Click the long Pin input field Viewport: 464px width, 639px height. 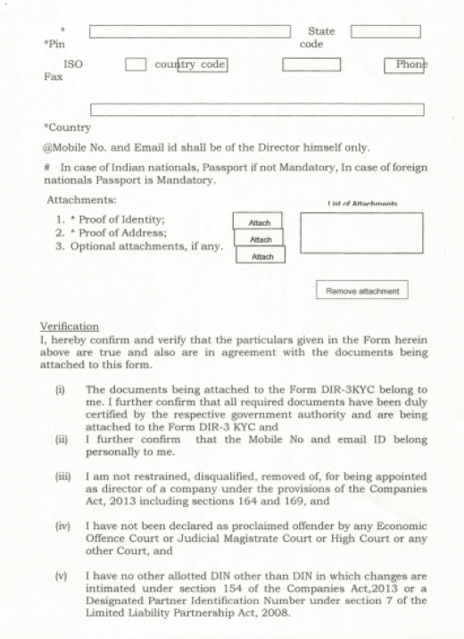coord(189,32)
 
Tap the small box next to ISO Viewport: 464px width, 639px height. coord(136,64)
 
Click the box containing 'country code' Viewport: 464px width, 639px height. coord(202,64)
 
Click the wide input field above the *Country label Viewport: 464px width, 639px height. coord(257,110)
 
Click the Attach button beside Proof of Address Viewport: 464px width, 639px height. coord(259,238)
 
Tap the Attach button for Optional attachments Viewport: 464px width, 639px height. coord(261,255)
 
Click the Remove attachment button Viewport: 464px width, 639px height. coord(361,290)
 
